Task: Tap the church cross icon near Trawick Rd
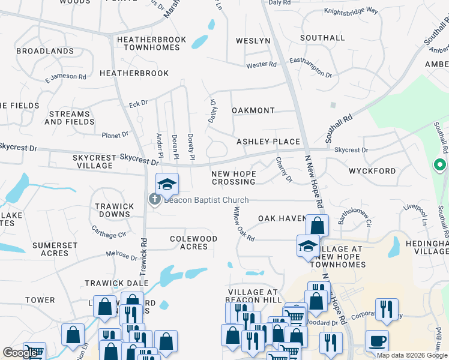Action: coord(154,199)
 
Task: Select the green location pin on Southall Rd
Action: coord(439,164)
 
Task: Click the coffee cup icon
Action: coord(377,341)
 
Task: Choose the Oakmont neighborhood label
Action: coord(253,111)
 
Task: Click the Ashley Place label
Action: coord(268,142)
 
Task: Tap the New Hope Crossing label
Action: coord(234,178)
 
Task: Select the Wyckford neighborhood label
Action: coord(372,171)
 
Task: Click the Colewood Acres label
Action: coord(193,242)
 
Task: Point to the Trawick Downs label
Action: coord(115,210)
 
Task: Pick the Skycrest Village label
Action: coord(94,161)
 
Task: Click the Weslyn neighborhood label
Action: coord(253,41)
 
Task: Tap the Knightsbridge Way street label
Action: coord(351,11)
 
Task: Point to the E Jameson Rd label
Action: coord(65,77)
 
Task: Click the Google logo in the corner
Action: coord(20,353)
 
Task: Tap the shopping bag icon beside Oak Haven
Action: coord(317,226)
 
